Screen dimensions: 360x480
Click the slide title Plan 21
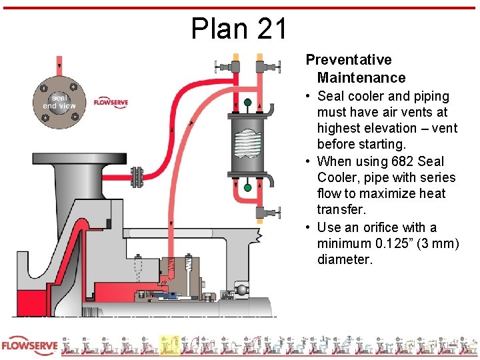[x=239, y=29]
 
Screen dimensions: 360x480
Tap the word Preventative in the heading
[x=349, y=60]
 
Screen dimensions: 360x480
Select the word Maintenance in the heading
[x=361, y=77]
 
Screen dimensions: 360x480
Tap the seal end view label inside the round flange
[x=59, y=102]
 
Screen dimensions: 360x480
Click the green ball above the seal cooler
[x=247, y=103]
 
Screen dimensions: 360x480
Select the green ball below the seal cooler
[x=247, y=188]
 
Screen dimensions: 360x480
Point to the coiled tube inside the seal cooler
[x=247, y=145]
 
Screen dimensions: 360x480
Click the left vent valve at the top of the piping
[x=223, y=67]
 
